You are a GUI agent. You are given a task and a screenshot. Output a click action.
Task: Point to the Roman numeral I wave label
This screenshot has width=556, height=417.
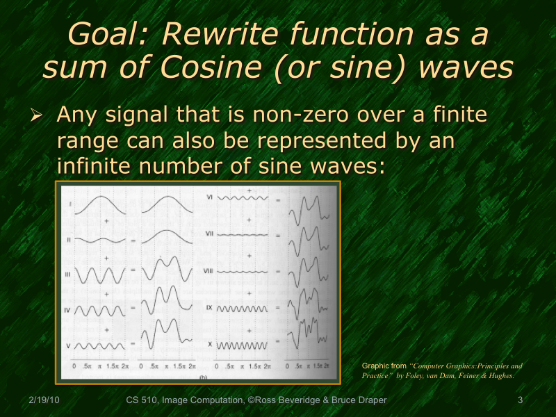pyautogui.click(x=70, y=204)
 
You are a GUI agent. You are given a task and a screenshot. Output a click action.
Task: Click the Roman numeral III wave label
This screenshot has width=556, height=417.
pyautogui.click(x=67, y=275)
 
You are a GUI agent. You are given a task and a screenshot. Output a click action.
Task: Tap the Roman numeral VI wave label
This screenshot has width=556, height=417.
pyautogui.click(x=211, y=197)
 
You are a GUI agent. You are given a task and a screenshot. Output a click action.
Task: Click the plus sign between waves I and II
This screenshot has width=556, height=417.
pyautogui.click(x=106, y=221)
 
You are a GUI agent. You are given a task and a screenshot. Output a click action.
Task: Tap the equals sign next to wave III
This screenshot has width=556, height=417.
pyautogui.click(x=132, y=275)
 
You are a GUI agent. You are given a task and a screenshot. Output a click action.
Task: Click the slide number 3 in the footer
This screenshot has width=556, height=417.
pyautogui.click(x=521, y=400)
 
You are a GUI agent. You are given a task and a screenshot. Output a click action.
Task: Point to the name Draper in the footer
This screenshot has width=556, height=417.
pyautogui.click(x=373, y=400)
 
